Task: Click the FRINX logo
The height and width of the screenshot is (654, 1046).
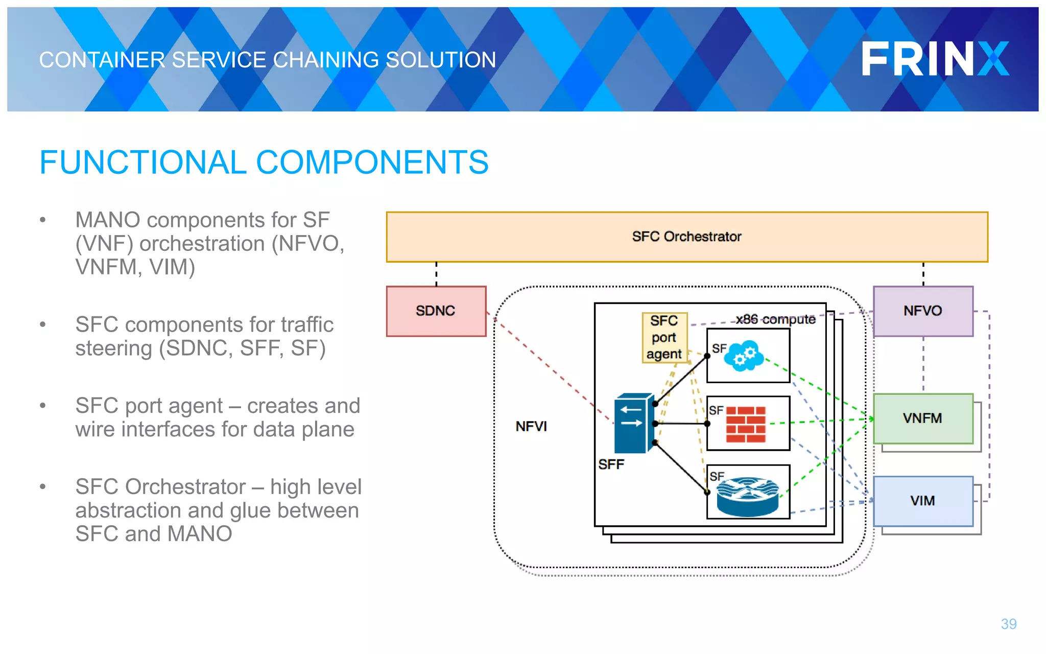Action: (935, 59)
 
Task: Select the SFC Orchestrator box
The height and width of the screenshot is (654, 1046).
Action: (686, 237)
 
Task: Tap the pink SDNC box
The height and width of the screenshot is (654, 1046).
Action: (436, 311)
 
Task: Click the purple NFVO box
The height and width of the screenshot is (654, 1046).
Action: (922, 311)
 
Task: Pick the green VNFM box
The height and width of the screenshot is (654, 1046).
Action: (922, 418)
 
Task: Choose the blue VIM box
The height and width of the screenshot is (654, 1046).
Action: (922, 501)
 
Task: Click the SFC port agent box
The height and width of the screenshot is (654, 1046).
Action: (664, 337)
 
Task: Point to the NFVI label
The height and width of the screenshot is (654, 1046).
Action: (531, 426)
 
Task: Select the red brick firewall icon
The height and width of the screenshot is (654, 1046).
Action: (746, 424)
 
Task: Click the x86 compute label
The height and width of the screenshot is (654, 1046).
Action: (775, 319)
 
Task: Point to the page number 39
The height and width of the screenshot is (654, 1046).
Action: (1008, 624)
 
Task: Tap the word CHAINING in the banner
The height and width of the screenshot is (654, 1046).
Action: (326, 60)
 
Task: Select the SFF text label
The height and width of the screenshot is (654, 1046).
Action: (611, 464)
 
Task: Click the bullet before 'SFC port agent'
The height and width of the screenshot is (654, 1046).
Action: (43, 406)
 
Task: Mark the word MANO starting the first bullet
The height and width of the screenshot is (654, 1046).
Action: (108, 220)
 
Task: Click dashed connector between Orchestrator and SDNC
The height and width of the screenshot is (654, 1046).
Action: (436, 274)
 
